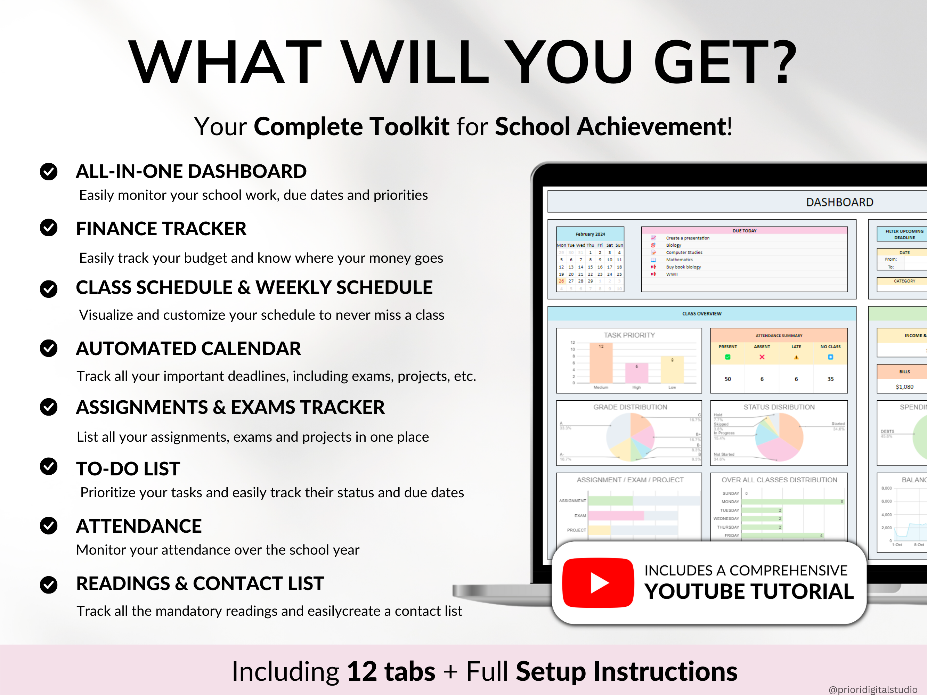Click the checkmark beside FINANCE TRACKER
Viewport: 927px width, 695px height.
49,228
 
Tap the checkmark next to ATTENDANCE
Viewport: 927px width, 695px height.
49,525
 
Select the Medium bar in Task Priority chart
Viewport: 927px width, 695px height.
601,363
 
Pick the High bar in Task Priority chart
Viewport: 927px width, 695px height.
636,373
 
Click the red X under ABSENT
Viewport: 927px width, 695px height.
762,357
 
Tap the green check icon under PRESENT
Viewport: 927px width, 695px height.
727,357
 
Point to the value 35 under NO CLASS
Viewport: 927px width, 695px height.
830,379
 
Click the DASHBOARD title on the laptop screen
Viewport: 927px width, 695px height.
839,202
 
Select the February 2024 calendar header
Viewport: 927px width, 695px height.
590,234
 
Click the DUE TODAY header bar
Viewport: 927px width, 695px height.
744,230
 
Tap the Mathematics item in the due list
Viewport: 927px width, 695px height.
679,260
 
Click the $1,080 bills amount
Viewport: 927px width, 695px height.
904,387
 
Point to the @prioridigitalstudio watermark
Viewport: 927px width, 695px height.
872,689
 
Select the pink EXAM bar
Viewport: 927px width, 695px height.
616,515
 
